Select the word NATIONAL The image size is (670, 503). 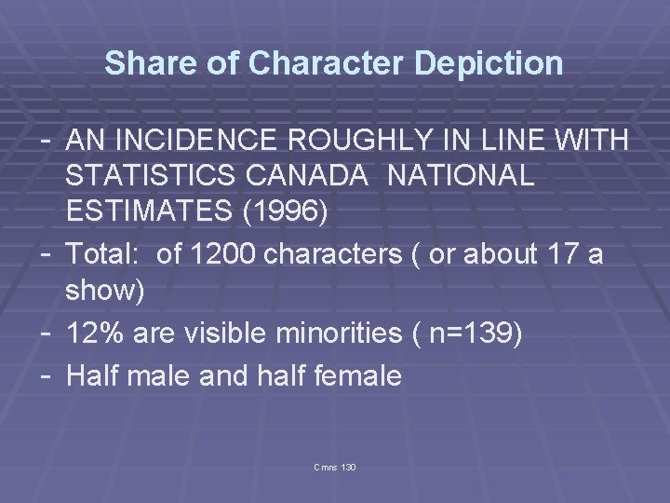coord(462,176)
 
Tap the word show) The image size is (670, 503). coord(104,291)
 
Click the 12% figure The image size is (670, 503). coord(94,333)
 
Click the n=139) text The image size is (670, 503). coord(473,333)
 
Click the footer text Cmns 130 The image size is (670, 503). coord(335,466)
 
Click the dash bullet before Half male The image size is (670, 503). coord(48,374)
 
